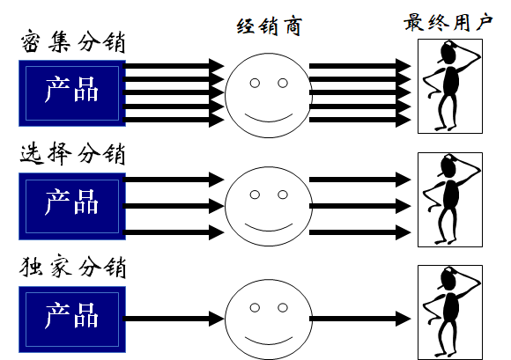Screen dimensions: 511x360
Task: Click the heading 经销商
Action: [x=270, y=26]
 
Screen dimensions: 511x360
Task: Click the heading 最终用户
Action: [x=448, y=22]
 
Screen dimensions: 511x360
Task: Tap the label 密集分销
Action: [x=73, y=42]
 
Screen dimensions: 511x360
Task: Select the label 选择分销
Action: [x=72, y=154]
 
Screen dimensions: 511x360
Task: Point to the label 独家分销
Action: [x=72, y=268]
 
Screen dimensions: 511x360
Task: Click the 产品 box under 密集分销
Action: [x=72, y=93]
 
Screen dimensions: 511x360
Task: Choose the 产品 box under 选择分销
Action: [x=72, y=206]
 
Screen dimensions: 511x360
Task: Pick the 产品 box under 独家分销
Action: [x=72, y=320]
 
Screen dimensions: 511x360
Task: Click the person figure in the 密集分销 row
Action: [x=450, y=86]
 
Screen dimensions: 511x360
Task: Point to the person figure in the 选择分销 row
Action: [x=450, y=200]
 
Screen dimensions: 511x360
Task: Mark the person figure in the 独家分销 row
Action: [x=450, y=312]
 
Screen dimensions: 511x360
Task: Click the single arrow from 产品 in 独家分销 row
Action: [x=174, y=319]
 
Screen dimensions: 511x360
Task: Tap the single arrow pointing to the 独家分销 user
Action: [x=360, y=319]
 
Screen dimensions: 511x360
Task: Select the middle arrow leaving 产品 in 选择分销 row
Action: [x=174, y=206]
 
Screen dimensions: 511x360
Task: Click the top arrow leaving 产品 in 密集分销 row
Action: [x=174, y=66]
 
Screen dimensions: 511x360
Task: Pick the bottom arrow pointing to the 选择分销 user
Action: [x=360, y=232]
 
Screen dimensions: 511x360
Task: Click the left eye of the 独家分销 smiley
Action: [x=255, y=307]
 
